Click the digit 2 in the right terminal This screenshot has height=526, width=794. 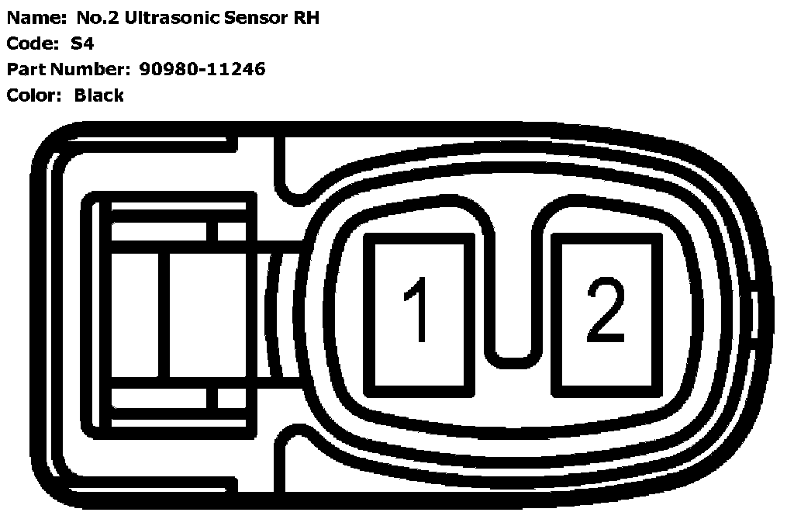(606, 310)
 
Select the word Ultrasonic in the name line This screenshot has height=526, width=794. (169, 19)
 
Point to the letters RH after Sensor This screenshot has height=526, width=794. (304, 19)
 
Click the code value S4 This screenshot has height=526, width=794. (82, 44)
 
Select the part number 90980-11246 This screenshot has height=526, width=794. (202, 70)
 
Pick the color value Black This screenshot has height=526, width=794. (98, 95)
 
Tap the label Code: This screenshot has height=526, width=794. (33, 44)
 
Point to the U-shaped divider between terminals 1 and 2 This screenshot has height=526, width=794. (513, 341)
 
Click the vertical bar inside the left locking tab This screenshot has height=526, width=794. (163, 314)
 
